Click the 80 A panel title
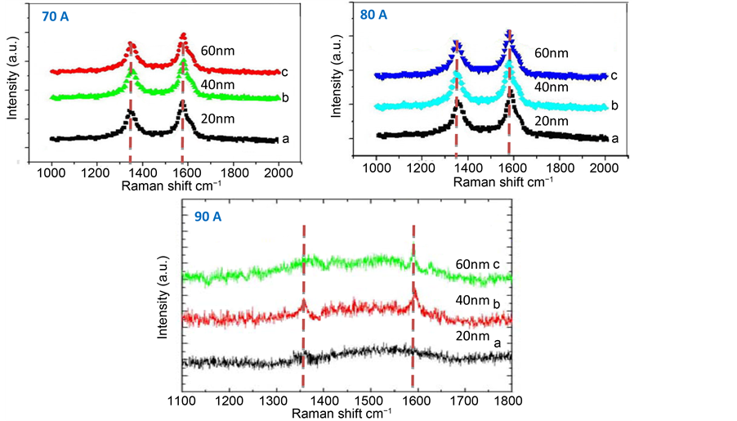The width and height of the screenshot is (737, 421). click(x=374, y=15)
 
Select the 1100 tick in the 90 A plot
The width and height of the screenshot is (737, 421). click(x=180, y=401)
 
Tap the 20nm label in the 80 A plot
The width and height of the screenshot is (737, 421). click(x=553, y=121)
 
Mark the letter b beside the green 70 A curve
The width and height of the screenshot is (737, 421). click(x=284, y=98)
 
